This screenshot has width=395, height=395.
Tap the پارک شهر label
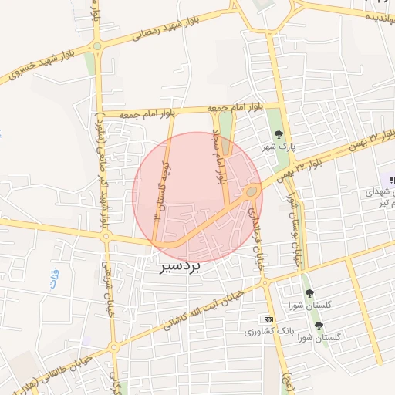tap(279, 147)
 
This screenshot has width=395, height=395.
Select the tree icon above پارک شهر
tap(279, 135)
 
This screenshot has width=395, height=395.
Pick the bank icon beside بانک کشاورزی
tap(268, 319)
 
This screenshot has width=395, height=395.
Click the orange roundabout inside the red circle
tap(252, 191)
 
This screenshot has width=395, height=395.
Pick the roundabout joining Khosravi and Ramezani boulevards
tap(97, 46)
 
